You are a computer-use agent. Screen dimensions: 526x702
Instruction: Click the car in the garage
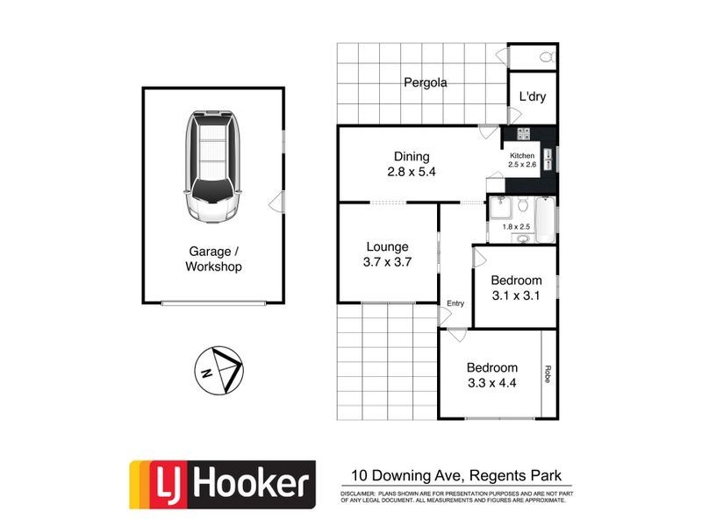[211, 167]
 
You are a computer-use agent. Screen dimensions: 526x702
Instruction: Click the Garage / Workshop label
[213, 259]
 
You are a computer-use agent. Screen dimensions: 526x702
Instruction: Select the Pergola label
[426, 83]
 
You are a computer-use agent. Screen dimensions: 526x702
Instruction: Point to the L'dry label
[532, 96]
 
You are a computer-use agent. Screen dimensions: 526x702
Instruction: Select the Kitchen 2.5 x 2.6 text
[522, 160]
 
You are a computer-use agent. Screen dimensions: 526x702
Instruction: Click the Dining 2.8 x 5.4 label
[412, 165]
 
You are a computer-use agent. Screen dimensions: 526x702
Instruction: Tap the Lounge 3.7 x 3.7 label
[386, 254]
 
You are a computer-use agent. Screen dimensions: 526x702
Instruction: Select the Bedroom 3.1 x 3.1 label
[516, 288]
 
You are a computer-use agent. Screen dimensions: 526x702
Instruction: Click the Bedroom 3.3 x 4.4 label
[491, 375]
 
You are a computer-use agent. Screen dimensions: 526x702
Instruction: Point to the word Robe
[548, 374]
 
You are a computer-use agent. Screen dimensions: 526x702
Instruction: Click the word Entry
[455, 303]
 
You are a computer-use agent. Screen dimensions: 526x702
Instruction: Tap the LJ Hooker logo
[222, 485]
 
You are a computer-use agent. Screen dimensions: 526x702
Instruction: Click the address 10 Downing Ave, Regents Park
[456, 476]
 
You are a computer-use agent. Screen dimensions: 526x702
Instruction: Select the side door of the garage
[278, 203]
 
